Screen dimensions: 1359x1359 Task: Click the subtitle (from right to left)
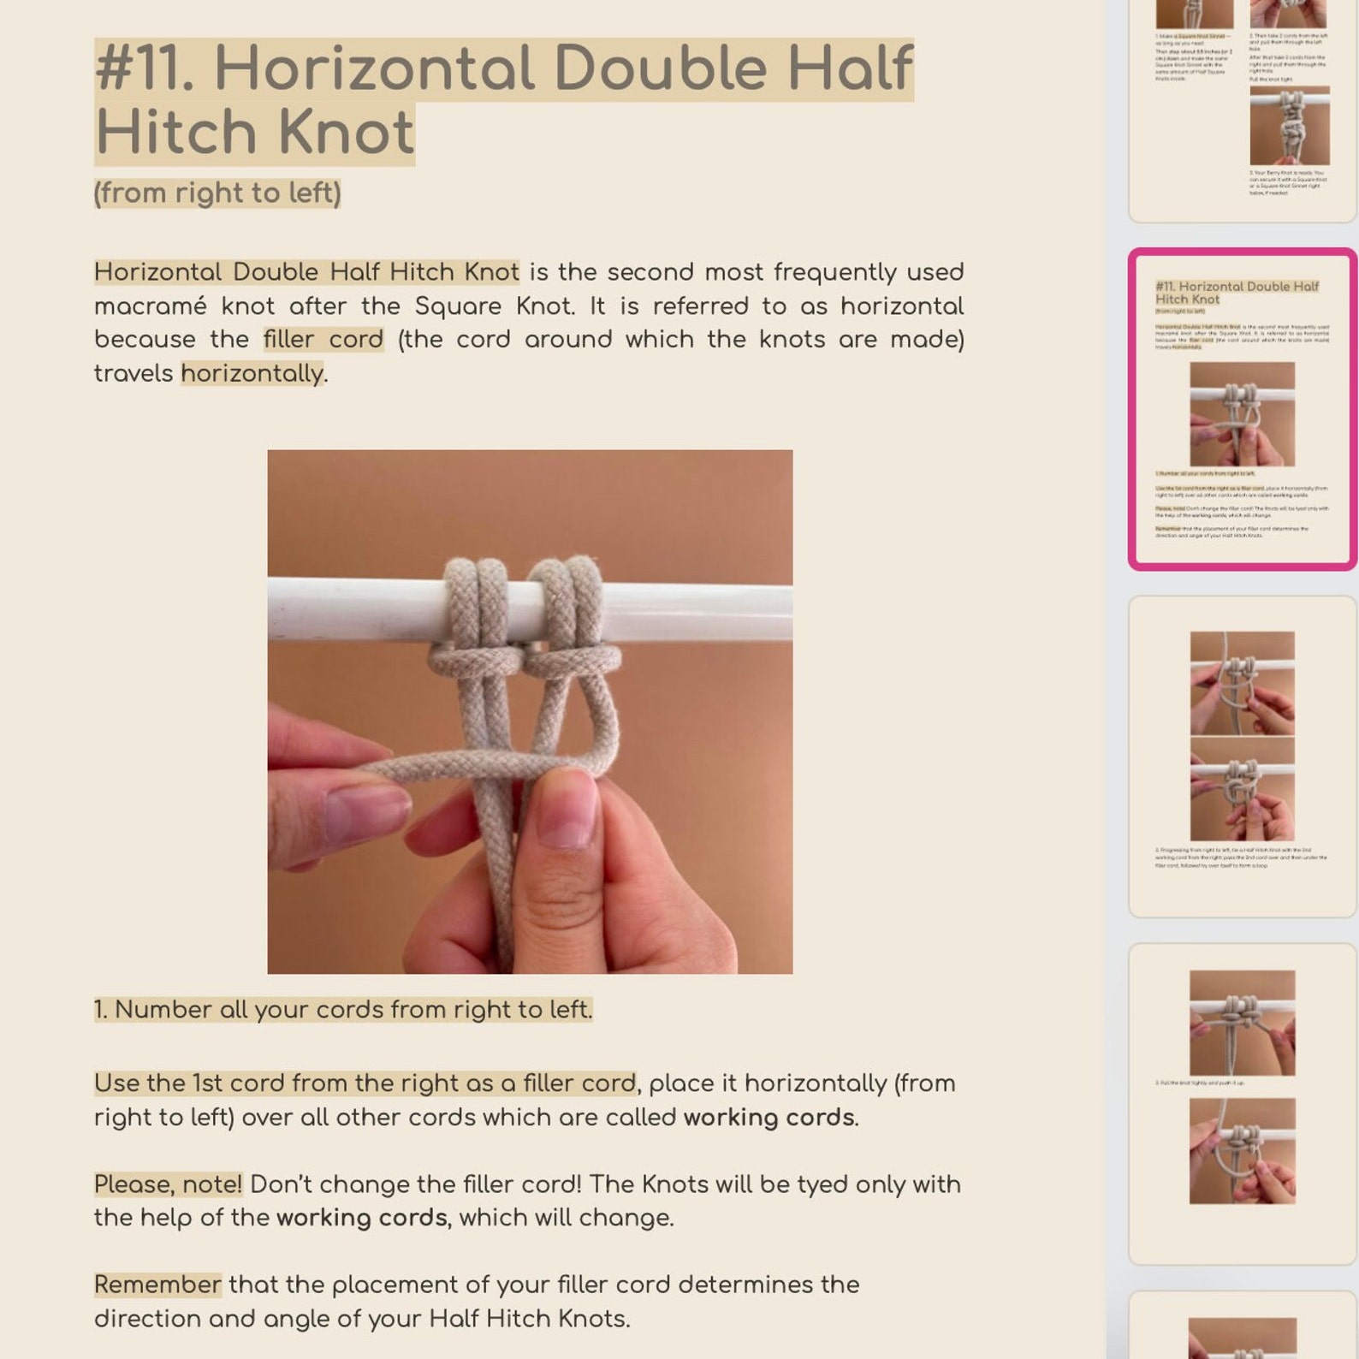coord(217,193)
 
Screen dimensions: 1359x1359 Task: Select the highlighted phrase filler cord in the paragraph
coord(323,340)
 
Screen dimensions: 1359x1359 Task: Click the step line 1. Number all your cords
coord(342,1010)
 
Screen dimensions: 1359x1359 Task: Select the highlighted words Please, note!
coord(168,1184)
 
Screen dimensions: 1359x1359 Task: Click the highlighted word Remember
coord(157,1285)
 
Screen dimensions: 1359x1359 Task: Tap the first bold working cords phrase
coord(768,1118)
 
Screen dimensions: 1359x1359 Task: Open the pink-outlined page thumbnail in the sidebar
coord(1242,409)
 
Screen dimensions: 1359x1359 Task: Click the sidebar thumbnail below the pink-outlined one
coord(1242,757)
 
